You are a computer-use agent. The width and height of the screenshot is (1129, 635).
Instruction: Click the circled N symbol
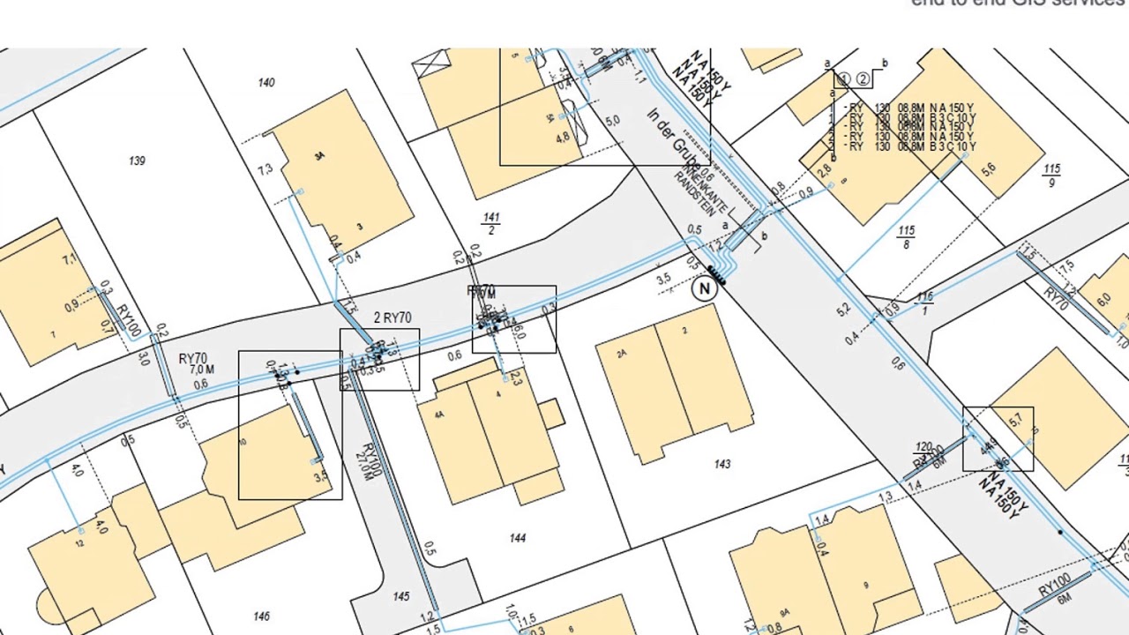coord(704,288)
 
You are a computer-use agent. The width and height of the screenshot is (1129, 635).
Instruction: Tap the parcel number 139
coord(137,161)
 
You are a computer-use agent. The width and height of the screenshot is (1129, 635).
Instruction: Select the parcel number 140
coord(265,83)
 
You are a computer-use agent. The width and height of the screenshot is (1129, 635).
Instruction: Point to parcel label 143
coord(722,464)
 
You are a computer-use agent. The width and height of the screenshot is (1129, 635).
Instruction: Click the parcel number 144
coord(517,538)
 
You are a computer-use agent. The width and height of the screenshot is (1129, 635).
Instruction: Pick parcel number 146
coord(260,616)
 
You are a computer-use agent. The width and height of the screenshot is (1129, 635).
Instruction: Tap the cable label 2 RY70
coord(393,317)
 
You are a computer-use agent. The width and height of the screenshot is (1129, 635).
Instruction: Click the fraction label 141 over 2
coord(491,224)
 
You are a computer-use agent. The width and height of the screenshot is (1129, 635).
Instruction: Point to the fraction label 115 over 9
coord(1051,176)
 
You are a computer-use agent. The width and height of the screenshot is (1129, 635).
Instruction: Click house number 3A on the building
coord(319,156)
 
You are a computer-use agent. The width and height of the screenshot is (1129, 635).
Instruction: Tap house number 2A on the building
coord(622,354)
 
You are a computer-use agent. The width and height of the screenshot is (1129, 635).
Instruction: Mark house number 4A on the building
coord(438,414)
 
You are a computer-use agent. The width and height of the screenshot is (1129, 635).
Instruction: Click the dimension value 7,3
coord(265,169)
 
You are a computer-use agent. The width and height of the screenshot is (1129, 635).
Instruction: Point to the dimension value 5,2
coord(843,310)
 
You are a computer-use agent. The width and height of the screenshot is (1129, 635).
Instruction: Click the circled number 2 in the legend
coord(863,79)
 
